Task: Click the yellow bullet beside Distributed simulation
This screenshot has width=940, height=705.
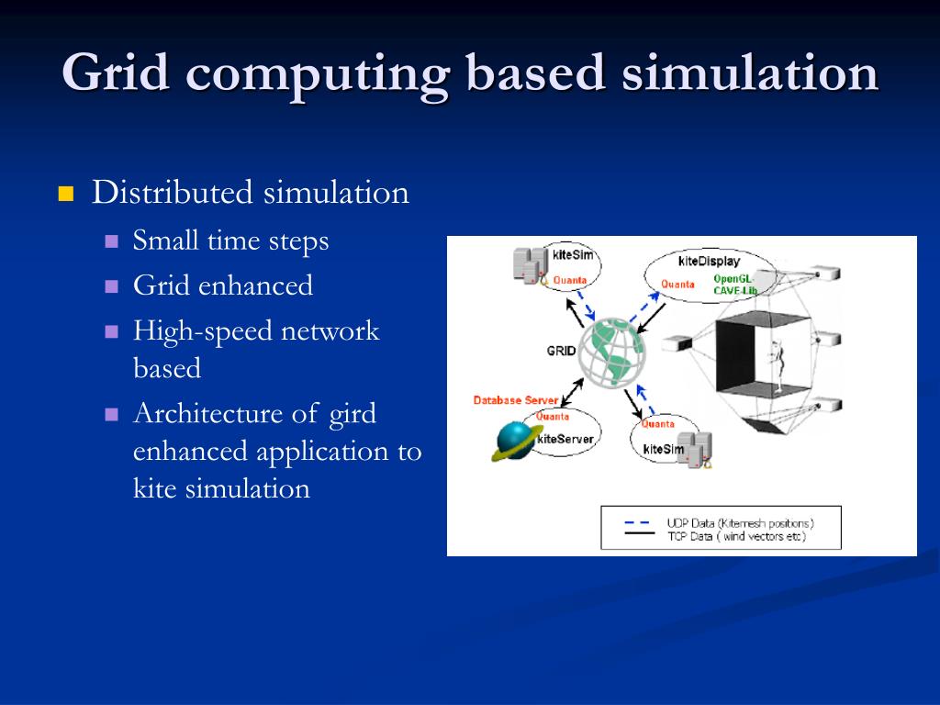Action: (x=65, y=194)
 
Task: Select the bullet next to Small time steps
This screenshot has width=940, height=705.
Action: (x=112, y=241)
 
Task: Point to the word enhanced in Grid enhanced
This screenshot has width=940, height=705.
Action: (x=256, y=285)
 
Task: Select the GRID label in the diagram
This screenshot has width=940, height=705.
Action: (x=561, y=350)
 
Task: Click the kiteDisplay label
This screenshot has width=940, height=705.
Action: (x=710, y=262)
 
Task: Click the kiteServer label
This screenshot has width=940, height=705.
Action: (x=565, y=439)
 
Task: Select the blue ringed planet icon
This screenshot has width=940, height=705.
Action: (x=515, y=440)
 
